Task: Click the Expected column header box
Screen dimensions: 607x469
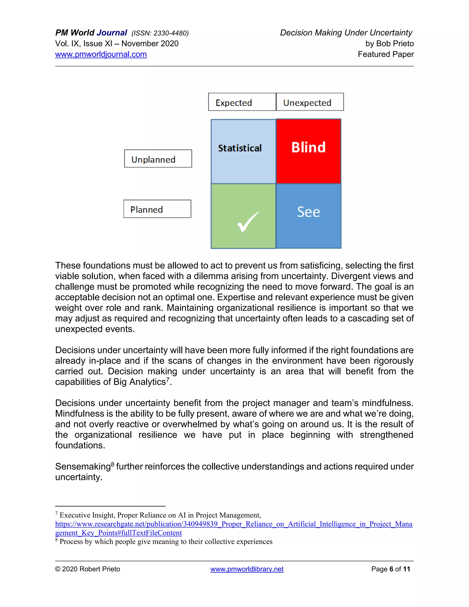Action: point(242,102)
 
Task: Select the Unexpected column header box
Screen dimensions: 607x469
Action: point(310,102)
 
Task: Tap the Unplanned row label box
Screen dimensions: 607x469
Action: point(158,159)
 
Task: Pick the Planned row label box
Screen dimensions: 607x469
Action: point(157,209)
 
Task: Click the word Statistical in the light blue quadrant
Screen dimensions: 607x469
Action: point(240,148)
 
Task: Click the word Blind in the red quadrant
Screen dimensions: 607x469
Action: point(308,147)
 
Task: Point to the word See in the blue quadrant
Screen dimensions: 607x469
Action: point(308,212)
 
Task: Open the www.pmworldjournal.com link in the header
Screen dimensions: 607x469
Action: point(101,54)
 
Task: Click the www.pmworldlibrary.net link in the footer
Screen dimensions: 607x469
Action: point(247,569)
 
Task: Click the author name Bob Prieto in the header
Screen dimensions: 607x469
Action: point(395,44)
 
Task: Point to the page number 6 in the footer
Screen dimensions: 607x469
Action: point(391,569)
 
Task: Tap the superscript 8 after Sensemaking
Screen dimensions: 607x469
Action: point(112,464)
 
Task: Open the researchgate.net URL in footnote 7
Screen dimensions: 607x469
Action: point(233,524)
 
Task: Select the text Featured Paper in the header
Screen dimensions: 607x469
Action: point(386,54)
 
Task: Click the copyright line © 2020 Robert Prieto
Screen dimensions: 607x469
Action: point(87,569)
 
